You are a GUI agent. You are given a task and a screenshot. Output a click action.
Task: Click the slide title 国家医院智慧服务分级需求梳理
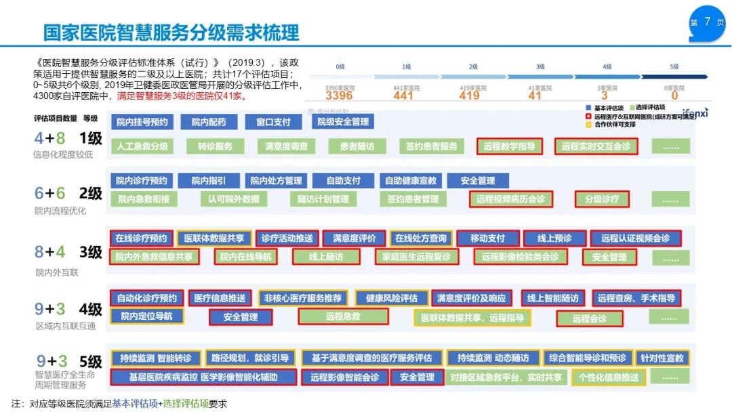click(171, 32)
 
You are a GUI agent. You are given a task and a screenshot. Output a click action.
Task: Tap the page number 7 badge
click(707, 22)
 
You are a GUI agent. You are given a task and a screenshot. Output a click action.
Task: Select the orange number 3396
click(339, 96)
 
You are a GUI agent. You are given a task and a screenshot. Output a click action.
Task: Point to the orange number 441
click(403, 96)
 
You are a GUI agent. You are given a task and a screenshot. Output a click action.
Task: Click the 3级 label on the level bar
click(540, 67)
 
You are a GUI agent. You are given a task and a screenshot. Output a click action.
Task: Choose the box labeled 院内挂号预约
click(142, 122)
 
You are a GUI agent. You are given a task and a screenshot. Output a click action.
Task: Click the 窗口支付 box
click(273, 122)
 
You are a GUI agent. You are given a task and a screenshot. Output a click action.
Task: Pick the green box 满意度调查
click(286, 146)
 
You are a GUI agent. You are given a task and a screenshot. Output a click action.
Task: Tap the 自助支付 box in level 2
click(344, 181)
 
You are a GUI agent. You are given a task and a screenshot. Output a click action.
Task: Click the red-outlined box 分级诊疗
click(602, 199)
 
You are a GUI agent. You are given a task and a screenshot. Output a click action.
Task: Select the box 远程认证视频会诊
click(635, 239)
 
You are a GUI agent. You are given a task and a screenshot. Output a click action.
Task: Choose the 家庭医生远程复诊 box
click(417, 257)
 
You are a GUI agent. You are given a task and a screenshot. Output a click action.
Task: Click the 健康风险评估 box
click(391, 298)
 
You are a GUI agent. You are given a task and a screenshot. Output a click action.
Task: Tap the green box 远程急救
click(343, 316)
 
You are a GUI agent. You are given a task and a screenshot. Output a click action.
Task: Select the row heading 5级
click(90, 361)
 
